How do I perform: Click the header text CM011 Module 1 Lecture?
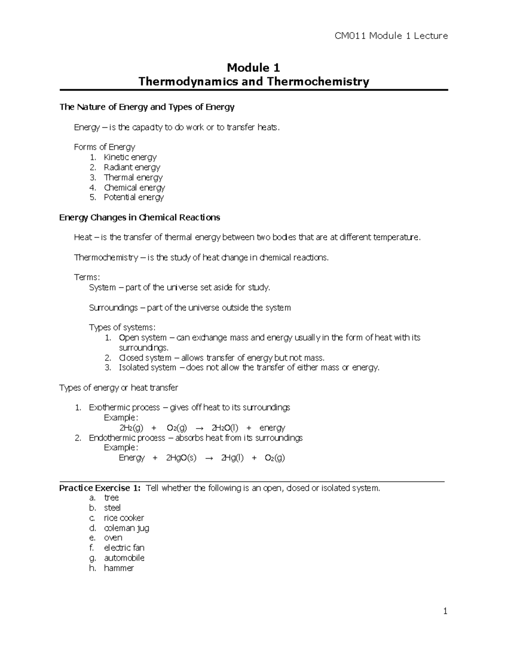tap(391, 36)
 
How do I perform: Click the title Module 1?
tap(254, 68)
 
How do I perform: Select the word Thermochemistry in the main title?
tap(318, 81)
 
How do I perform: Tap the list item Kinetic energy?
tap(130, 157)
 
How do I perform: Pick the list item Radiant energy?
tap(132, 168)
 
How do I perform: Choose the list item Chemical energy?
tap(134, 187)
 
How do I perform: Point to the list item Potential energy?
tap(133, 198)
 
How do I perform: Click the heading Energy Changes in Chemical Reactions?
tap(140, 217)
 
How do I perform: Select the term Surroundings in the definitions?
tap(113, 308)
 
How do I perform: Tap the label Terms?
tap(87, 278)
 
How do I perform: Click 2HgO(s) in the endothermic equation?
tap(181, 458)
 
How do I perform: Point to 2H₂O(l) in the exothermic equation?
tap(224, 428)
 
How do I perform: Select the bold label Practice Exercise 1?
tap(99, 488)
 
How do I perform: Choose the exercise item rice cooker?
tap(124, 518)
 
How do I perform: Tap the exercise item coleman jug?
tap(126, 528)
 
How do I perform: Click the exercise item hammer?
tap(119, 568)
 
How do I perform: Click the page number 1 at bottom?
tap(445, 611)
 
